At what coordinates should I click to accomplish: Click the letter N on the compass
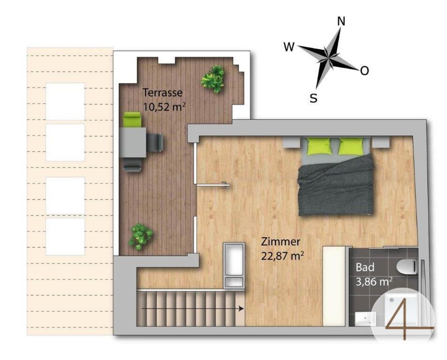(x=341, y=21)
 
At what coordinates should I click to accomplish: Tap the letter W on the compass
(x=289, y=47)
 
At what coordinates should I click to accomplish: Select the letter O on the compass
(x=364, y=71)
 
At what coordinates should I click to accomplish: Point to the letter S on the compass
(x=314, y=98)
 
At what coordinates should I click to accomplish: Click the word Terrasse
(x=163, y=93)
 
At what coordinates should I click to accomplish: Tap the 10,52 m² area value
(x=164, y=107)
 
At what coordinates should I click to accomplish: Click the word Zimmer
(x=280, y=242)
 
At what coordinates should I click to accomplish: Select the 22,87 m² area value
(x=282, y=256)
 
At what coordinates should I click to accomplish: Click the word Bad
(x=365, y=267)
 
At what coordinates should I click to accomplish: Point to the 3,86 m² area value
(x=374, y=282)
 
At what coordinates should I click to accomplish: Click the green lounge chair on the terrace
(x=132, y=120)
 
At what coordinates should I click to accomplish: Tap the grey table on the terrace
(x=133, y=143)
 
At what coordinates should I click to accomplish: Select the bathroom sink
(x=365, y=319)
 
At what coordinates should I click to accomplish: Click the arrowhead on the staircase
(x=241, y=309)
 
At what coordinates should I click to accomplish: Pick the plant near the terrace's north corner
(x=213, y=79)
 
